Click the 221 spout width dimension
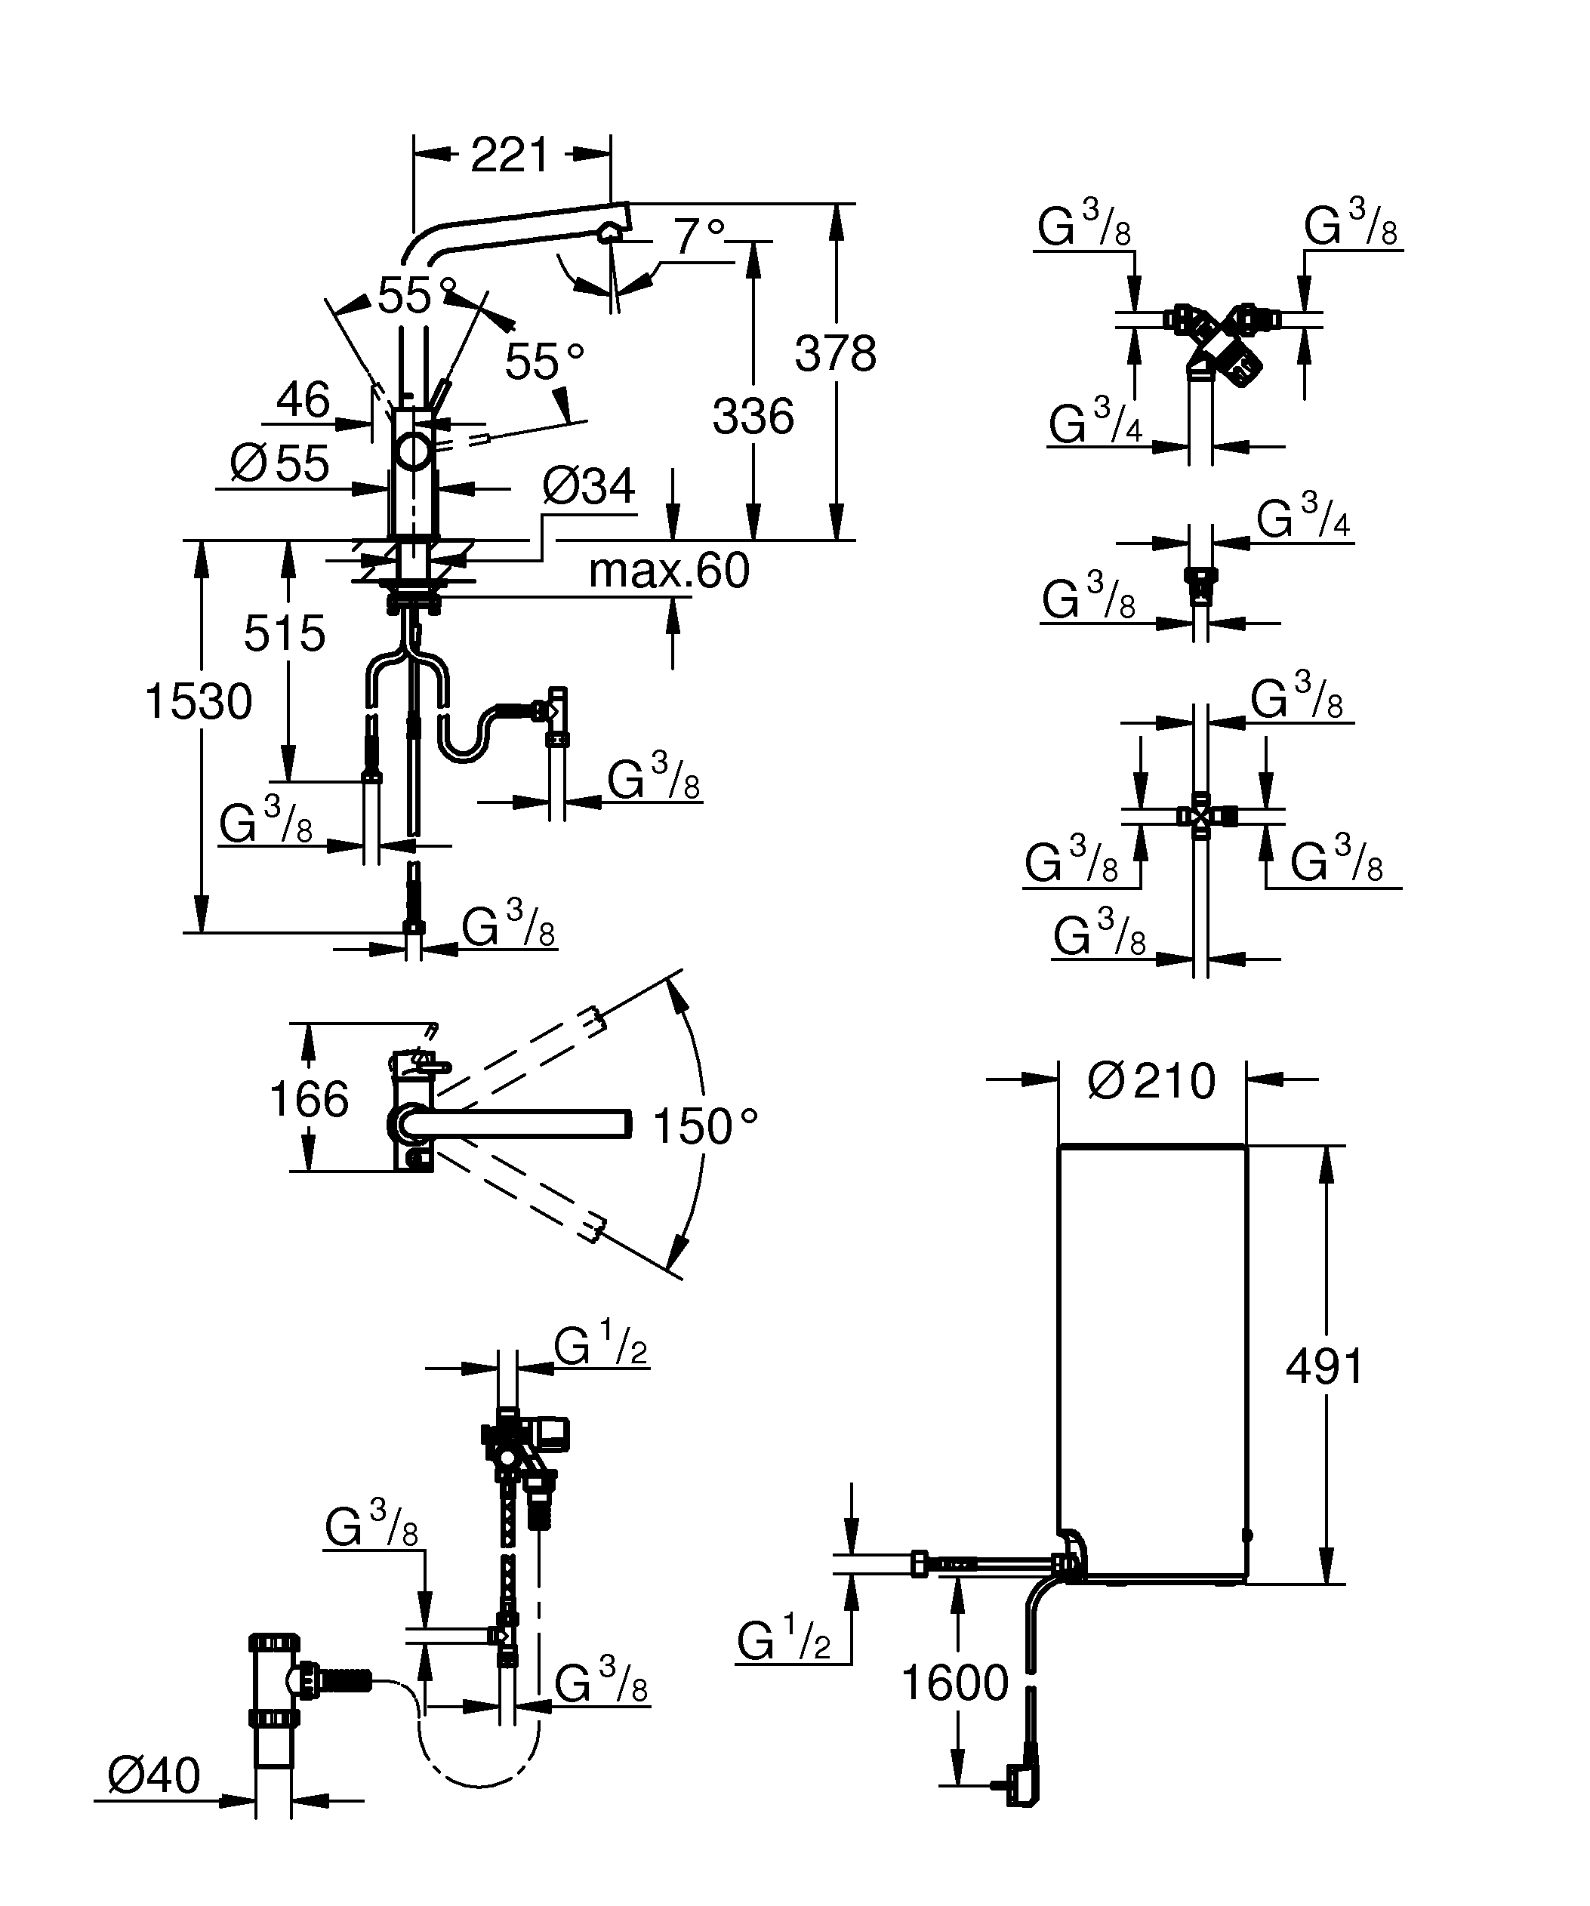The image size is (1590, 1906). pyautogui.click(x=510, y=155)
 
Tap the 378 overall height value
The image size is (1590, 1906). pyautogui.click(x=835, y=354)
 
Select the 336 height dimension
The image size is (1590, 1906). pyautogui.click(x=753, y=417)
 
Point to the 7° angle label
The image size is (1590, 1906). pyautogui.click(x=699, y=238)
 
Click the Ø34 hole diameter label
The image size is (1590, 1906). pyautogui.click(x=588, y=488)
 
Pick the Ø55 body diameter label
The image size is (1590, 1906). pyautogui.click(x=279, y=463)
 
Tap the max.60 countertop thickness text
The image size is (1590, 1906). pyautogui.click(x=669, y=571)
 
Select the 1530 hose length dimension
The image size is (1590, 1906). pyautogui.click(x=199, y=701)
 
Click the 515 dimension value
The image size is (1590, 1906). pyautogui.click(x=284, y=633)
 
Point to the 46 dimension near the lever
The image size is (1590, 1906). pyautogui.click(x=303, y=399)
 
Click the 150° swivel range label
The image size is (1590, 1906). pyautogui.click(x=704, y=1127)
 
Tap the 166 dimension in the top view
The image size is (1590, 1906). pyautogui.click(x=309, y=1100)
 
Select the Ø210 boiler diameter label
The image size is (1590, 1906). pyautogui.click(x=1151, y=1081)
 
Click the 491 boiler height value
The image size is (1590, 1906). pyautogui.click(x=1324, y=1392)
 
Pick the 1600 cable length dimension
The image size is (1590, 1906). pyautogui.click(x=955, y=1683)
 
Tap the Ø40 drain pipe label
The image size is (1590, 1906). pyautogui.click(x=153, y=1775)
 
